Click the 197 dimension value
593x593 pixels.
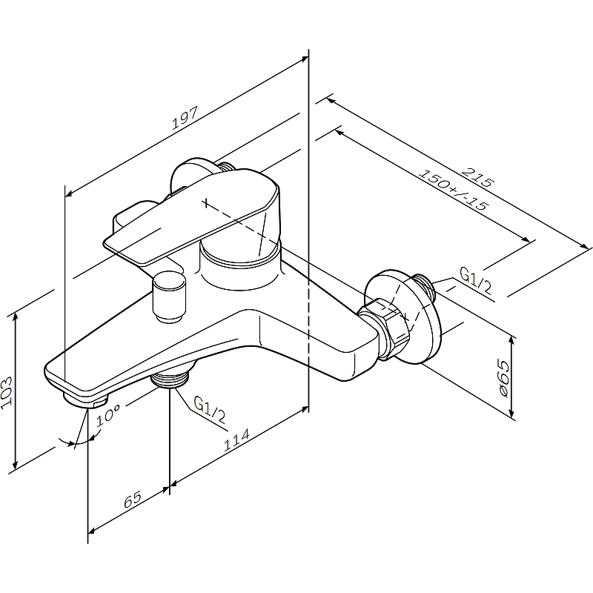[x=185, y=118]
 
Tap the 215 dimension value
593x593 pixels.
[x=477, y=177]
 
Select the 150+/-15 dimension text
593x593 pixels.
[x=454, y=190]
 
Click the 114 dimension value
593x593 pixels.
[x=236, y=440]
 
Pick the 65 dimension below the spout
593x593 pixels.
[x=133, y=499]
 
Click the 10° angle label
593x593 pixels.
[x=107, y=415]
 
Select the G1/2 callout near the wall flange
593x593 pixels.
[x=475, y=280]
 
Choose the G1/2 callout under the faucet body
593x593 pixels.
[x=209, y=410]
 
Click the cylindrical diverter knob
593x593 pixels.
[x=169, y=297]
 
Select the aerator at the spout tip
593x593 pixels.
[x=85, y=400]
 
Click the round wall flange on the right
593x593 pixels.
[x=403, y=317]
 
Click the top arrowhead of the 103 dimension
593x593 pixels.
[x=15, y=317]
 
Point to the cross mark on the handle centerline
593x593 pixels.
[x=205, y=202]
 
